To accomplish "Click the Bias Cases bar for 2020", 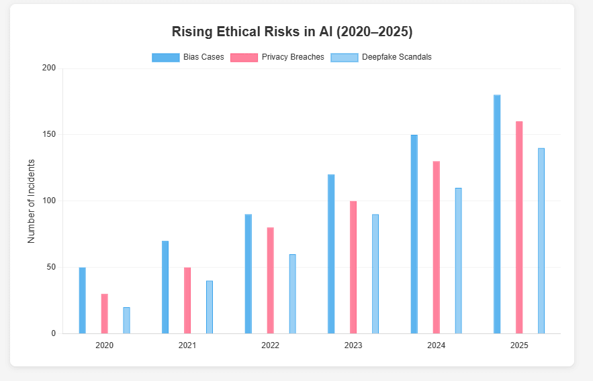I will pos(82,301).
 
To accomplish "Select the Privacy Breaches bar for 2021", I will pos(187,301).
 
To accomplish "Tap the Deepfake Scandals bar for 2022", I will pos(292,294).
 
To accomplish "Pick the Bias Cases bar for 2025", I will pos(497,214).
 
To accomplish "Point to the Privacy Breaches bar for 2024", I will pos(437,248).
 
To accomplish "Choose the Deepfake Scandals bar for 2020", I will pos(126,320).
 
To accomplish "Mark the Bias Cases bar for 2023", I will pos(331,254).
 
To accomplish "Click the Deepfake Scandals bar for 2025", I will pos(541,241).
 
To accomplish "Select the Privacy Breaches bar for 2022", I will pos(270,280).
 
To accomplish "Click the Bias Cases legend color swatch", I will pos(166,57).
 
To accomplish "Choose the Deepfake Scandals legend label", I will pos(396,57).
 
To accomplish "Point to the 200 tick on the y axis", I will pos(48,68).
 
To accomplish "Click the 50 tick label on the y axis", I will pos(51,268).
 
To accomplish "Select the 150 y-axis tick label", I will pos(48,135).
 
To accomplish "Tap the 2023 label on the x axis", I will pos(353,345).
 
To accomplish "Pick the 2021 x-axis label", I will pos(187,345).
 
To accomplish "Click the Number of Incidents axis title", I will pos(32,201).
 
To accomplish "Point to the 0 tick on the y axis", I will pos(54,333).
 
